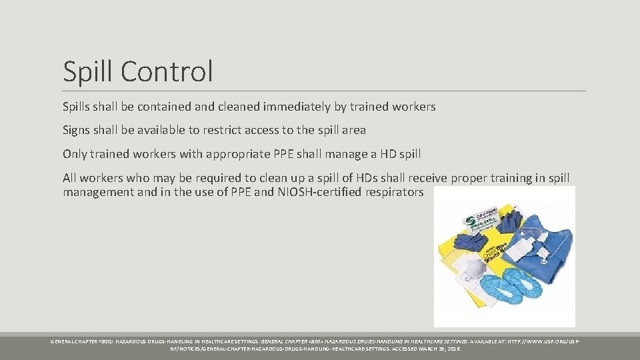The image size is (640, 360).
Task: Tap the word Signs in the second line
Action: pos(77,131)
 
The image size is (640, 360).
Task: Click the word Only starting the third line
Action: pos(75,154)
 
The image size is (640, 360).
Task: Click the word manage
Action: pos(349,154)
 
